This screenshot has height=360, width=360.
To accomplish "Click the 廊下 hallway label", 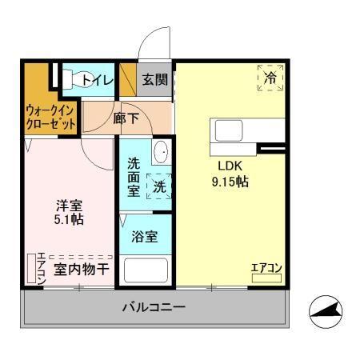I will tap(126, 117).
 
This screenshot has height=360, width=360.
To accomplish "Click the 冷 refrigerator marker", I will tap(270, 78).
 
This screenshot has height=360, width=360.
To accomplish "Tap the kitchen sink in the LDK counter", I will tap(226, 130).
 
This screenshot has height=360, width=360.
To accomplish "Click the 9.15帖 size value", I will tap(230, 182).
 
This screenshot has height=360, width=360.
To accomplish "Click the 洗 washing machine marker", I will tap(160, 186).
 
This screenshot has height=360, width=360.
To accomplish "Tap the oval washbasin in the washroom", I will tap(161, 153).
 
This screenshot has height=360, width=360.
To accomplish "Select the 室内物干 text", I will tap(81, 270).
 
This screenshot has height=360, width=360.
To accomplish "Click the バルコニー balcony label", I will tap(154, 307).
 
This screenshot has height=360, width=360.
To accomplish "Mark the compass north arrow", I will tap(328, 312).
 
